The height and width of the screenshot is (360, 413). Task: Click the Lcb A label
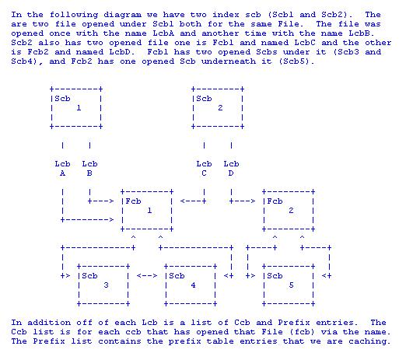coord(62,169)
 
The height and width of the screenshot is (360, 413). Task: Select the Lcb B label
coord(89,169)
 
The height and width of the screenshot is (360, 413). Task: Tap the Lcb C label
coord(204,169)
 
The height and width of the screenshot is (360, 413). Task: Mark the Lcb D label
coord(231,169)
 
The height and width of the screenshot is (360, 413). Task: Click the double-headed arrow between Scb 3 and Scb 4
coord(147,276)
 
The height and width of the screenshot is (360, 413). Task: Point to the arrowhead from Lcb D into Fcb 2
coord(253,201)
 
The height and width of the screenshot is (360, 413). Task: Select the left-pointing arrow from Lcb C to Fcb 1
coord(193,201)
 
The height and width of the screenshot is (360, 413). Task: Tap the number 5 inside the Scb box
coord(291,285)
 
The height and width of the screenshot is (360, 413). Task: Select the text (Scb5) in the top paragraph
coord(296,61)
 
